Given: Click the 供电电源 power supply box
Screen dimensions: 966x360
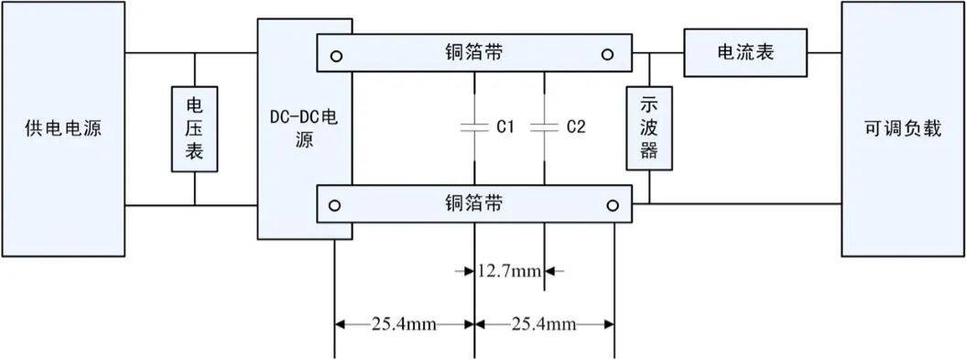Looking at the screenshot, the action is (x=62, y=128).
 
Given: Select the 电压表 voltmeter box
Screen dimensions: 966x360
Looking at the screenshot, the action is (x=194, y=128).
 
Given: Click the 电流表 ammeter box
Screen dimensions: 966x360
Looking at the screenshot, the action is (x=744, y=52).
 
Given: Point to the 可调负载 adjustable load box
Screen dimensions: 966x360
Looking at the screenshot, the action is (x=902, y=128).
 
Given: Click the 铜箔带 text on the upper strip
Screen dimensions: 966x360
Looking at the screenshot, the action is (x=472, y=52).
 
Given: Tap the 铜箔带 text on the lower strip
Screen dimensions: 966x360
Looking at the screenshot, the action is (x=473, y=202).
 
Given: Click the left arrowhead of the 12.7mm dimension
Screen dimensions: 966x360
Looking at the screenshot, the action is (x=467, y=271).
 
